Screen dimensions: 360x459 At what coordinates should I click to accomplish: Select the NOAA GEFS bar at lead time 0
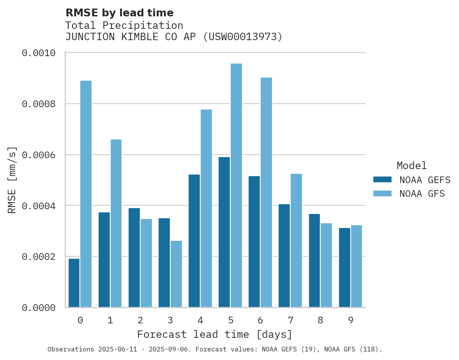click(74, 283)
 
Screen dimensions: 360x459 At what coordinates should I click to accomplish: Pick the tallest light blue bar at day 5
click(236, 185)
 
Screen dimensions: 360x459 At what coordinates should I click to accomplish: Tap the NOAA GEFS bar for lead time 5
click(224, 232)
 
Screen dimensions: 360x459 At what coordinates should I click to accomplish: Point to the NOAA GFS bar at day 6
click(266, 192)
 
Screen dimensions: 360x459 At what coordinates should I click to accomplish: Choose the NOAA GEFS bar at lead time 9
click(344, 268)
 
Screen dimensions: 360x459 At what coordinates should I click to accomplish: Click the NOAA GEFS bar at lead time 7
click(284, 256)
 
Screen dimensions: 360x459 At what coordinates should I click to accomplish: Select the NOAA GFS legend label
click(422, 194)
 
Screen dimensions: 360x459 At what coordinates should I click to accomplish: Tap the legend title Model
click(411, 166)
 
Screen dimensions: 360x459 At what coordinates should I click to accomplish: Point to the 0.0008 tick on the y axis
click(38, 104)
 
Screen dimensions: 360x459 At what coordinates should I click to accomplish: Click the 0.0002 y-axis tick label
click(38, 257)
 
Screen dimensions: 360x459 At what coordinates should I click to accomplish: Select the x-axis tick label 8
click(320, 321)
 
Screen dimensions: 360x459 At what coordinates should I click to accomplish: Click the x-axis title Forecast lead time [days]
click(215, 335)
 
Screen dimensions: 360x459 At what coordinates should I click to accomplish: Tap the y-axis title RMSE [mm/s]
click(12, 180)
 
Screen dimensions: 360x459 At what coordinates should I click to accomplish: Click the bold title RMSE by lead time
click(119, 13)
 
